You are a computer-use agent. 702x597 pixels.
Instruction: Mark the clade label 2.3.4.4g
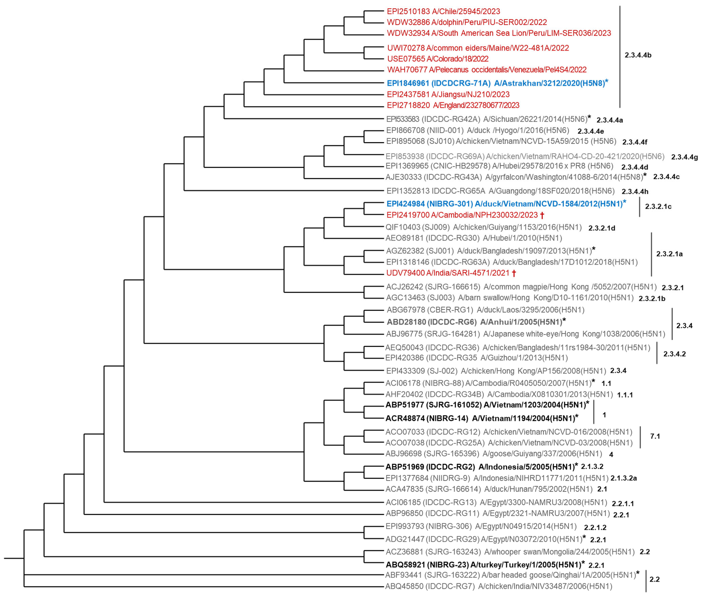(x=684, y=157)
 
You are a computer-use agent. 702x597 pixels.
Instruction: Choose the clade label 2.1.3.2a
(x=623, y=478)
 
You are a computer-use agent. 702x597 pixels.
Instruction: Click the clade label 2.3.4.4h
(x=635, y=192)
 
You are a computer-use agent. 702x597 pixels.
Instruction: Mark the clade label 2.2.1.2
(x=595, y=527)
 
